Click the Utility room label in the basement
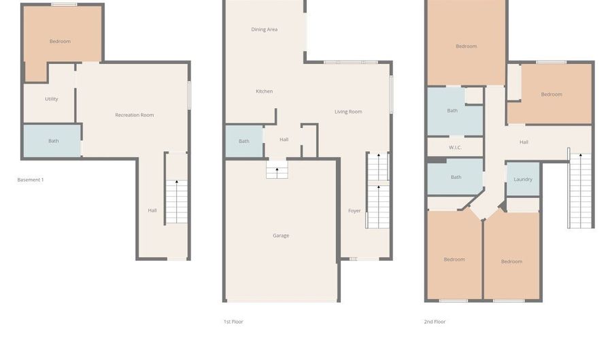pos(52,99)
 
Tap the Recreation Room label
pos(134,115)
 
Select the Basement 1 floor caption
pos(30,180)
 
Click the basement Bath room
pos(53,141)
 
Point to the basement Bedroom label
pos(60,42)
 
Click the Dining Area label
pos(264,29)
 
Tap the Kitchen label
pos(264,91)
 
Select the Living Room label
pos(348,112)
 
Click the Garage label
pos(281,235)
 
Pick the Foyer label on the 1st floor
pos(354,211)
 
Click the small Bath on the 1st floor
pos(243,142)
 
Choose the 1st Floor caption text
pos(233,322)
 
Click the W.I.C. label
pos(455,147)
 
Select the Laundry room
pos(523,179)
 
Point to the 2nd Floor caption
pos(435,322)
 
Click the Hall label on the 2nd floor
pos(524,142)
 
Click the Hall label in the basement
pos(152,210)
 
